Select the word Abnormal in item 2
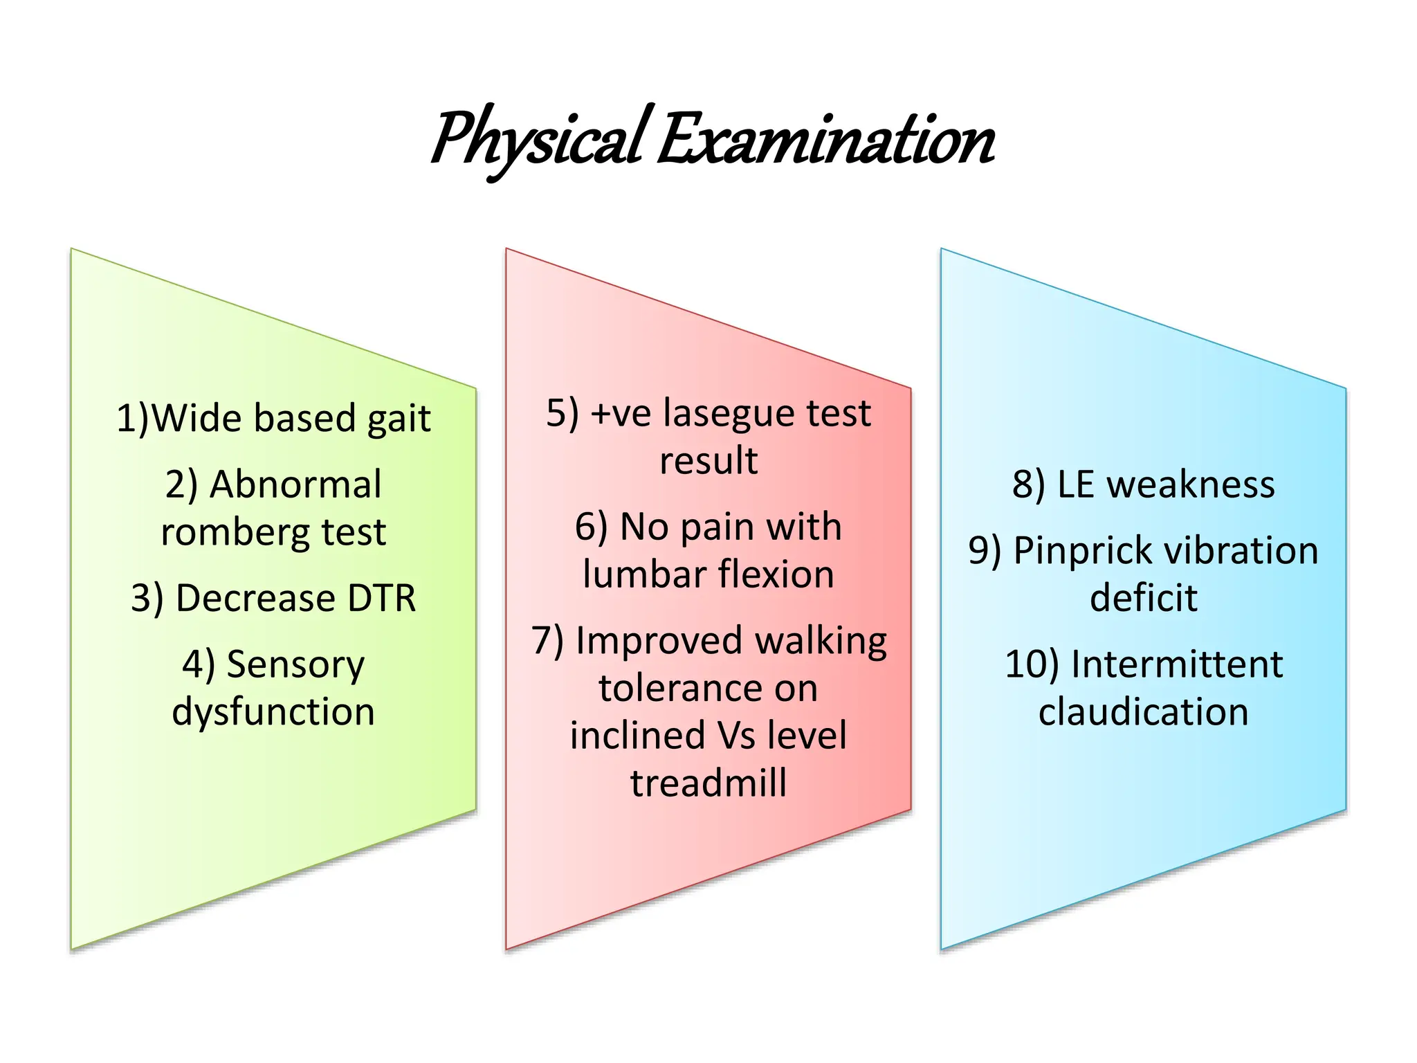click(295, 484)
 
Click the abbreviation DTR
click(381, 598)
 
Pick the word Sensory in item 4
click(295, 665)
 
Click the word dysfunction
click(273, 712)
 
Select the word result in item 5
click(708, 461)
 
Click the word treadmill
click(708, 783)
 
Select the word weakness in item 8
click(1191, 484)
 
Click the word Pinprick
click(1084, 552)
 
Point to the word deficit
click(1143, 598)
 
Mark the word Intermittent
click(1176, 665)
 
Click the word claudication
click(1143, 712)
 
